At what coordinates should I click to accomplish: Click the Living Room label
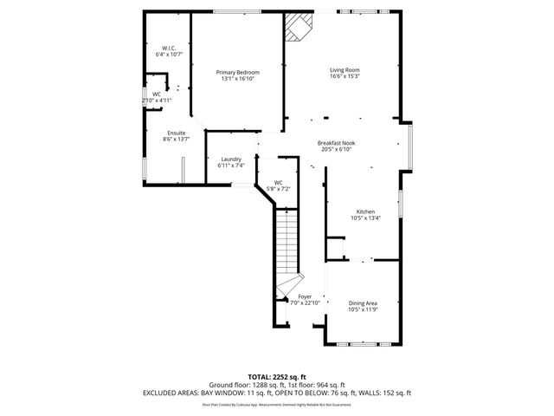[344, 69]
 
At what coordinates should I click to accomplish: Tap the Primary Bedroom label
[237, 72]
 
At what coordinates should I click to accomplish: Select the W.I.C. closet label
[169, 48]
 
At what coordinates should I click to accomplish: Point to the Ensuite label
[176, 133]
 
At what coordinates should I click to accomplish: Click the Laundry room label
[230, 159]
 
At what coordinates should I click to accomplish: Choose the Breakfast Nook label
[336, 143]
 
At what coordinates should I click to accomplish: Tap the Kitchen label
[365, 211]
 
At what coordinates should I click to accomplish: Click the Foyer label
[305, 296]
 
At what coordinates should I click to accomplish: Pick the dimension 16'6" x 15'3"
[344, 76]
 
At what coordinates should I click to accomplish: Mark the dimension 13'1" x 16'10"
[237, 79]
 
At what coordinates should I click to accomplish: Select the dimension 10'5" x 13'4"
[365, 218]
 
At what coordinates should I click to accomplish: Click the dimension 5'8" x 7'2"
[278, 188]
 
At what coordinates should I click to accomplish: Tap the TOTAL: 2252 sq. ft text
[277, 376]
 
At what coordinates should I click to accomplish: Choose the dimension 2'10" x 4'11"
[157, 101]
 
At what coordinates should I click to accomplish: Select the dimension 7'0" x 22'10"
[305, 302]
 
